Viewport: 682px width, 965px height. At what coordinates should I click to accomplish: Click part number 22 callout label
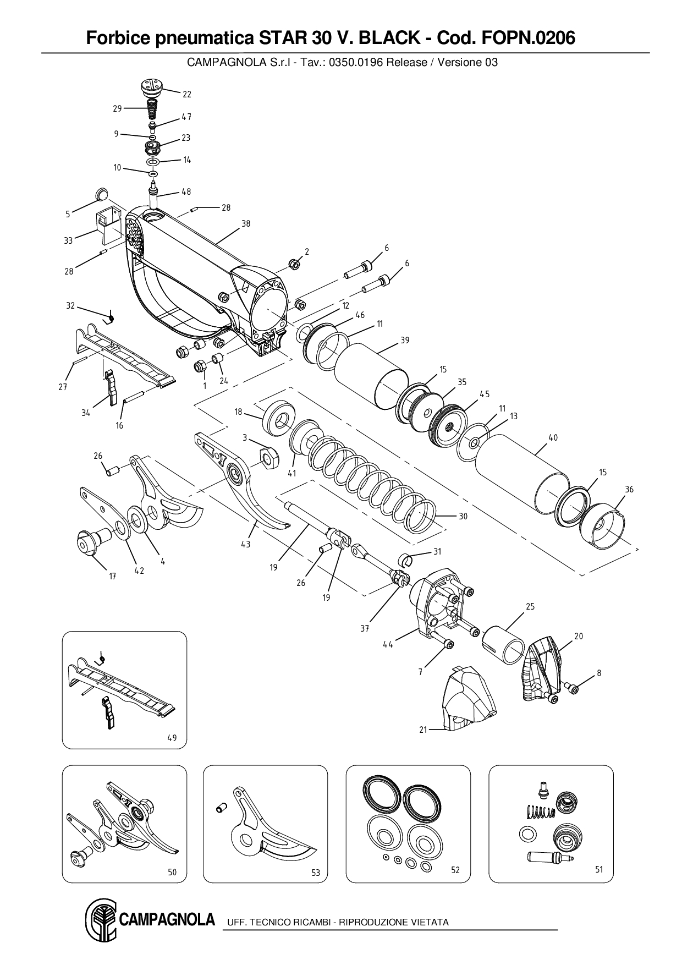click(x=187, y=95)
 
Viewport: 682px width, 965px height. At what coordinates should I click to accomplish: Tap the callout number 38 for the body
click(x=245, y=224)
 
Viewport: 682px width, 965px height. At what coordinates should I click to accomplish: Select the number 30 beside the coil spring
click(x=463, y=517)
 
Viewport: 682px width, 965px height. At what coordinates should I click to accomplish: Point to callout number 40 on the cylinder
click(x=553, y=438)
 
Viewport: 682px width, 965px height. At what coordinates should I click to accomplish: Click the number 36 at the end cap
click(x=629, y=489)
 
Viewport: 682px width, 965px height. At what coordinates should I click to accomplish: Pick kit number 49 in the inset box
click(x=172, y=738)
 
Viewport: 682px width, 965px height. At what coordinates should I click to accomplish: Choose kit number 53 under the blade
click(x=315, y=873)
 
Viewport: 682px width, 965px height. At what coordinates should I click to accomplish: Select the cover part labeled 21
click(x=468, y=704)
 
